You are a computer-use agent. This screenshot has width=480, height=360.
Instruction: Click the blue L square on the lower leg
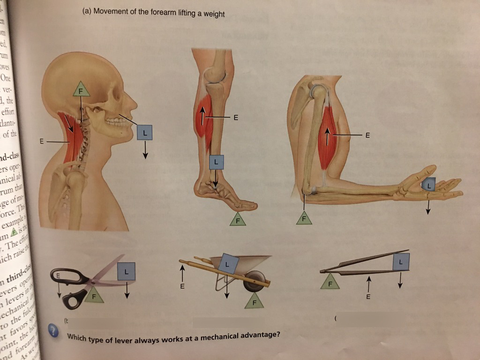216,162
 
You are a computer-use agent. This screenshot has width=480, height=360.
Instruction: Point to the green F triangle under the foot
238,219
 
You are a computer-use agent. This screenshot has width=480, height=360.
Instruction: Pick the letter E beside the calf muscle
236,117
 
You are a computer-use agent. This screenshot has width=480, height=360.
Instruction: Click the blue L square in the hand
428,185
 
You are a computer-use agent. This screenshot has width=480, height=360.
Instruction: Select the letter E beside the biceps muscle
367,136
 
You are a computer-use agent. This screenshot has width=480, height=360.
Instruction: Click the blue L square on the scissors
127,270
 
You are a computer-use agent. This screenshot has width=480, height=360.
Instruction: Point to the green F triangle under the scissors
94,296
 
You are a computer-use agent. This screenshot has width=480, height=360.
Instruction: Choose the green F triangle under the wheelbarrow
254,301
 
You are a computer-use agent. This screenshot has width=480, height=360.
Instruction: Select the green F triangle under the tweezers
330,283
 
